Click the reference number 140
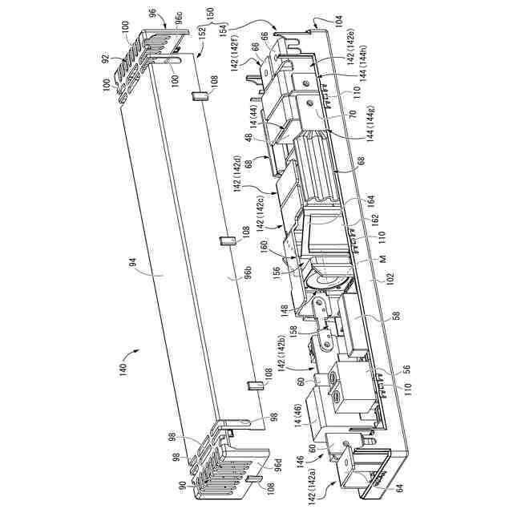(x=123, y=370)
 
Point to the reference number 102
(x=390, y=280)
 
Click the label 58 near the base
(x=396, y=316)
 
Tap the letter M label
(x=383, y=258)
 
